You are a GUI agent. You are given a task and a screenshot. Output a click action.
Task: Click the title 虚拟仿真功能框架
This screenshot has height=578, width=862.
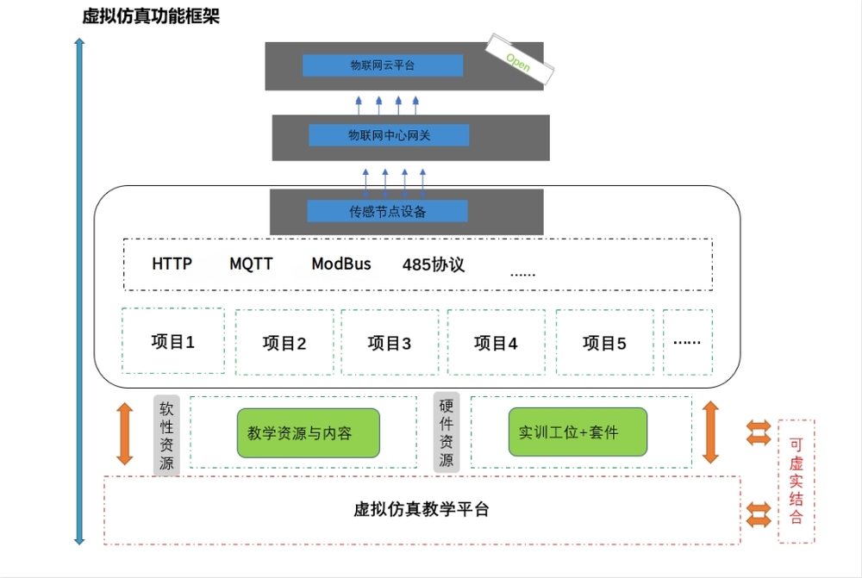click(x=151, y=16)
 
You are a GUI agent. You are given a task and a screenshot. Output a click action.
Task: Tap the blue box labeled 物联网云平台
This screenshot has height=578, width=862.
click(x=383, y=65)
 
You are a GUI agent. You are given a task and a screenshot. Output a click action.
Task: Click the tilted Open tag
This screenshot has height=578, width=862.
click(x=517, y=61)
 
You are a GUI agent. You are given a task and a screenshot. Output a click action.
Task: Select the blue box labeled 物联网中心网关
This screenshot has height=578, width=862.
click(x=389, y=135)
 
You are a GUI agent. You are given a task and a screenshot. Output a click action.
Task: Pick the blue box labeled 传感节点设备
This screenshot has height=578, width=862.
click(x=387, y=211)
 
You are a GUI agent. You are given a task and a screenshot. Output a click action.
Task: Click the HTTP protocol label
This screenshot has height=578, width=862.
click(x=172, y=264)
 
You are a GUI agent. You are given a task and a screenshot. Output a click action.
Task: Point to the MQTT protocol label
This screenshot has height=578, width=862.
click(x=251, y=264)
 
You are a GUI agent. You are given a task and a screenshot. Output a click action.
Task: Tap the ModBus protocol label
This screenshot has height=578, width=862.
click(x=341, y=264)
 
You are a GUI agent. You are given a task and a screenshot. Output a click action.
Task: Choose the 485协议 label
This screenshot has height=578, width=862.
click(x=434, y=264)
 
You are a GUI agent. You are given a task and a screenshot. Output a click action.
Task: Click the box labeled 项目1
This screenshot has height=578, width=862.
click(x=173, y=341)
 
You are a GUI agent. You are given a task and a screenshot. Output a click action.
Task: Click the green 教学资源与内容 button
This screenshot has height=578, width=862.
click(x=308, y=432)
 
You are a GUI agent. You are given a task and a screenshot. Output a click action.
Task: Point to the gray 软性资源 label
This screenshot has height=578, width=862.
click(x=167, y=435)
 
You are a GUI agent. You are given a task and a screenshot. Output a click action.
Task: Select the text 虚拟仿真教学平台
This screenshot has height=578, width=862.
click(x=422, y=509)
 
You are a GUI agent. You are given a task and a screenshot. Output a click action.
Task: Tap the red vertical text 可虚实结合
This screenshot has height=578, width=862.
click(x=796, y=481)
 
